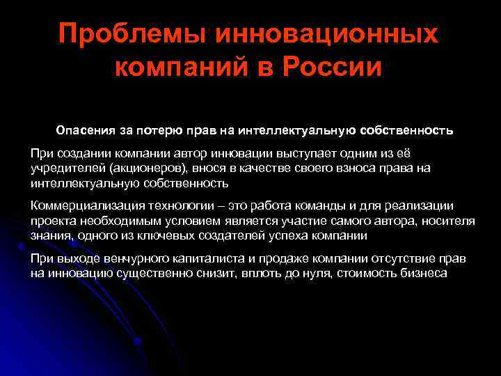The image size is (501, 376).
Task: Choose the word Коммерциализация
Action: [x=84, y=206]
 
